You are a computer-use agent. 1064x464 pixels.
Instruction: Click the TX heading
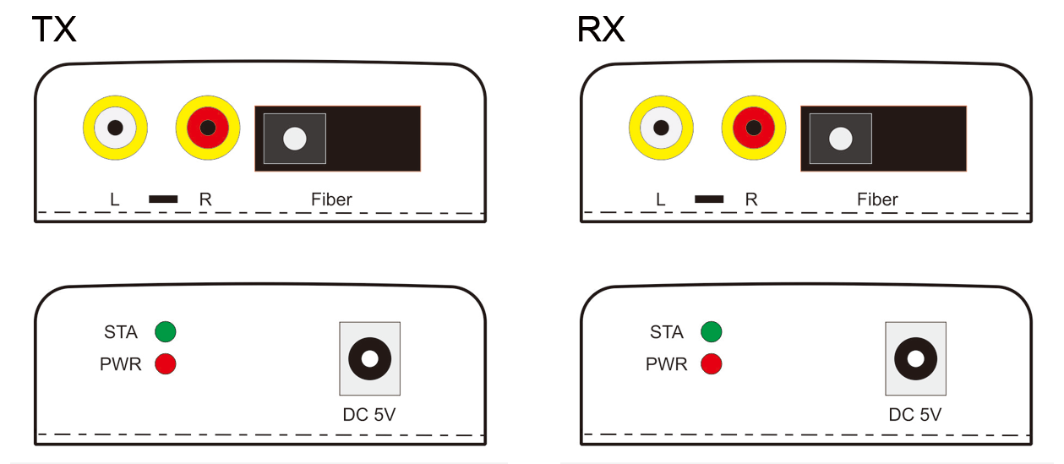[x=54, y=30]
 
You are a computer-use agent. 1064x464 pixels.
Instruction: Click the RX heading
[x=600, y=30]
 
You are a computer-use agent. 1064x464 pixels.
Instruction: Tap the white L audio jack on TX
[x=115, y=129]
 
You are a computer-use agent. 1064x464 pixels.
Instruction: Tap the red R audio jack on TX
[x=208, y=129]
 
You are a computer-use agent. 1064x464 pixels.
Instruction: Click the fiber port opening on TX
[x=294, y=139]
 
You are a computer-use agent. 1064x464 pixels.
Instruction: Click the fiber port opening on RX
[x=840, y=139]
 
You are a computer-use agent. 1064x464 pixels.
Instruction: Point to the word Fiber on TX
[x=331, y=199]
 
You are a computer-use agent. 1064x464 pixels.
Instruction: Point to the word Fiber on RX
[x=877, y=199]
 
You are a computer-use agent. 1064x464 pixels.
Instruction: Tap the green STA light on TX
[x=166, y=331]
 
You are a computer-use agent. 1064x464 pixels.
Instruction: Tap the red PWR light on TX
[x=166, y=364]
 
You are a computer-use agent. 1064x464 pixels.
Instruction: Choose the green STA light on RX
[x=712, y=331]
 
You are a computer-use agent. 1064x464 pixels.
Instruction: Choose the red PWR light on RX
[x=712, y=364]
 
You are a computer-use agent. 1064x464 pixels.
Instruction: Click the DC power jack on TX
[x=369, y=358]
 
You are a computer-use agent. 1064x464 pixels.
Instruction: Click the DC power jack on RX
[x=915, y=358]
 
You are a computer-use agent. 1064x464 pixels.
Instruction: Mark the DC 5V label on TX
[x=368, y=415]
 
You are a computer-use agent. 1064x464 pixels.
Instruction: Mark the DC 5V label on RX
[x=914, y=415]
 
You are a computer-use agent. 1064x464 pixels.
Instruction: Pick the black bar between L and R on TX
[x=163, y=199]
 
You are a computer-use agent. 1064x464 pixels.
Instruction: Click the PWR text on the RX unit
[x=667, y=365]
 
